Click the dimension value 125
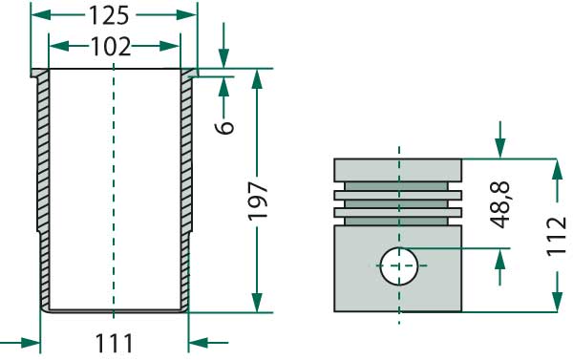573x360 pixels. coord(109,15)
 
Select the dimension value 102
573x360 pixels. coord(111,47)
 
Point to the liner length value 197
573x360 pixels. coord(258,201)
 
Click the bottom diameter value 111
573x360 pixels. coord(114,344)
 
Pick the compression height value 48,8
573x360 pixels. coord(499,204)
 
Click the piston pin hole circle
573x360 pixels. coord(398,266)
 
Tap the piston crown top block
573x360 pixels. coord(397,170)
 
